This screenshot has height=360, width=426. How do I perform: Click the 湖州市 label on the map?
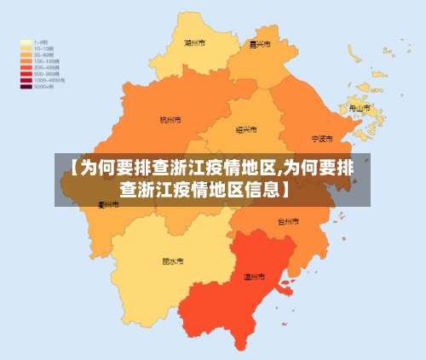[x=194, y=42]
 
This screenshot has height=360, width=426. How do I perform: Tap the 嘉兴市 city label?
[x=260, y=44]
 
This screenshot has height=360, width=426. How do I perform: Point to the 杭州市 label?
[x=170, y=120]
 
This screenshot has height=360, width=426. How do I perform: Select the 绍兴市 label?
[x=246, y=129]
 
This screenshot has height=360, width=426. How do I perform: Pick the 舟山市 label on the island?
[x=360, y=109]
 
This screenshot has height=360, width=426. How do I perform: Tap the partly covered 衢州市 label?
[x=107, y=205]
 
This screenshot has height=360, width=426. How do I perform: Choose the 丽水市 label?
[x=172, y=261]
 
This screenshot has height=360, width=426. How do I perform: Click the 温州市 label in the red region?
[x=255, y=277]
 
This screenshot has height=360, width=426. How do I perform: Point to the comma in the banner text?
[x=280, y=170]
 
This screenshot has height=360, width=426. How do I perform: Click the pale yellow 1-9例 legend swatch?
[x=26, y=41]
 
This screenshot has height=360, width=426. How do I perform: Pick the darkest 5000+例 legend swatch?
[x=26, y=87]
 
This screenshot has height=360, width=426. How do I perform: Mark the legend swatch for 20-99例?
[x=26, y=54]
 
